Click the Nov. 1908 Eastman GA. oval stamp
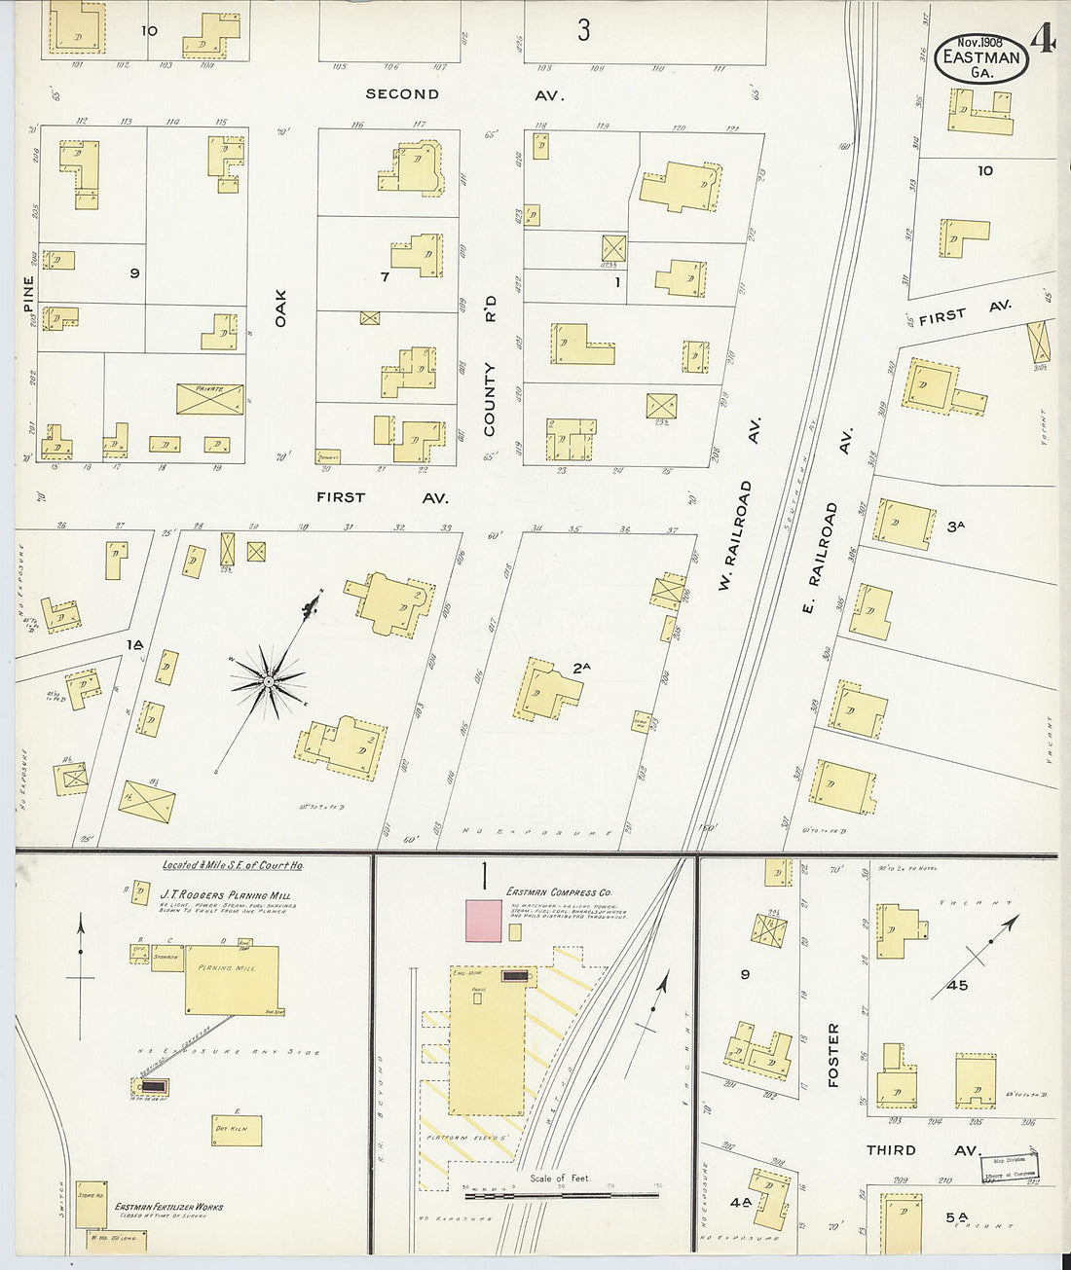point(981,57)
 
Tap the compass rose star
point(268,682)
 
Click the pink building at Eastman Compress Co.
point(484,921)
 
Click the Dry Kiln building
point(234,1129)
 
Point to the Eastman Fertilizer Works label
point(168,1207)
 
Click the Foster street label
point(832,1055)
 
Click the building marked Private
point(209,398)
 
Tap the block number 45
point(957,985)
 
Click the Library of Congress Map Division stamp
point(1010,1167)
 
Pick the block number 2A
point(582,668)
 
